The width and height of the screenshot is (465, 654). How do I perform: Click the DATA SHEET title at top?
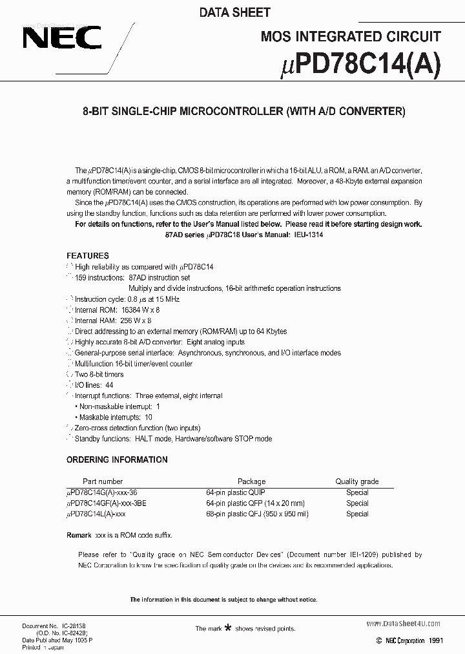click(235, 12)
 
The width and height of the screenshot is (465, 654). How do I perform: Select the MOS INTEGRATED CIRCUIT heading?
click(351, 37)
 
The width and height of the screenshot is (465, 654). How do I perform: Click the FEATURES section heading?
click(88, 256)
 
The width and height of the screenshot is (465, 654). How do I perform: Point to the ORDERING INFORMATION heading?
click(117, 460)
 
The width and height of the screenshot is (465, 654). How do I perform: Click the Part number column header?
click(103, 481)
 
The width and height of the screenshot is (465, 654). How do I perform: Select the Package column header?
click(251, 481)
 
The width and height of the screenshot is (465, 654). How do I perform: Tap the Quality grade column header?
click(356, 481)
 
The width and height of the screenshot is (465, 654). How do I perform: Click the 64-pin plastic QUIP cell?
click(235, 492)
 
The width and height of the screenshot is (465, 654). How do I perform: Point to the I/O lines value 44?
click(109, 385)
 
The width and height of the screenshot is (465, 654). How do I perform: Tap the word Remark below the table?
click(79, 536)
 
